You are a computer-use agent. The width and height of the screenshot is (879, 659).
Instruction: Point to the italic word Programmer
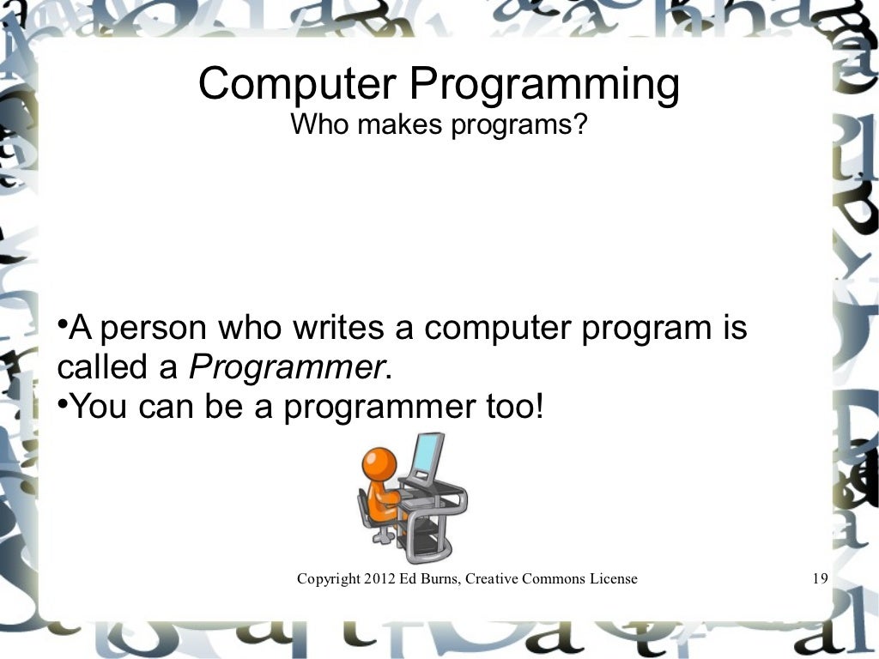284,369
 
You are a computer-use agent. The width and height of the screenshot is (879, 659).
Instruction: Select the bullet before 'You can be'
63,402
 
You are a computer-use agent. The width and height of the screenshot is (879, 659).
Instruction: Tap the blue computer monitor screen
427,457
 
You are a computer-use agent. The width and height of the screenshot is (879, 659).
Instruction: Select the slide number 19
818,578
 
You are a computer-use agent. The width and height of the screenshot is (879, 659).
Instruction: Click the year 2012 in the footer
379,578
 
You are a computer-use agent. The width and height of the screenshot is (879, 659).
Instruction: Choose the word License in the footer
613,578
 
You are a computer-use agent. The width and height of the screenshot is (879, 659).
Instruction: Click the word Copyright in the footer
328,579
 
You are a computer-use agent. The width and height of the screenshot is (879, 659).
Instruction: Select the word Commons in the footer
555,578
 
